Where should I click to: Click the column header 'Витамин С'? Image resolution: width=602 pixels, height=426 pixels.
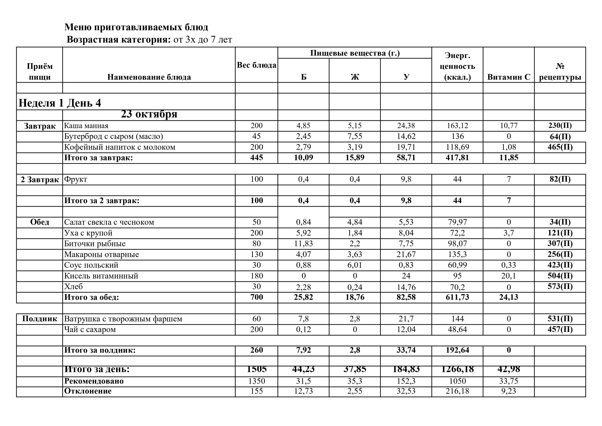pos(508,77)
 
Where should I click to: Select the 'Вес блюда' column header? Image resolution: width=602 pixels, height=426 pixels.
pos(256,65)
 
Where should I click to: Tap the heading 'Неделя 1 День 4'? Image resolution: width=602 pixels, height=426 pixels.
pos(60,103)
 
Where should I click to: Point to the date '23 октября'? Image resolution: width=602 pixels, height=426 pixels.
pos(149,114)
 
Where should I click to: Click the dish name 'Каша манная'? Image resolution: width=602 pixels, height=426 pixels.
pos(86,126)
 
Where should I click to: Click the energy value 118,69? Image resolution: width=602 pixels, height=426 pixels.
pos(457,147)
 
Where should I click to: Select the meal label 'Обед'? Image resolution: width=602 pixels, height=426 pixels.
pos(40,222)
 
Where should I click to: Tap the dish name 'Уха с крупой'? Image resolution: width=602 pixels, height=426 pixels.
pos(88,233)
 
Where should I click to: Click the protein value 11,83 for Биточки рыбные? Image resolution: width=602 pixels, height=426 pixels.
pos(303,244)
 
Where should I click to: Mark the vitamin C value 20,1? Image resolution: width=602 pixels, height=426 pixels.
pos(508,276)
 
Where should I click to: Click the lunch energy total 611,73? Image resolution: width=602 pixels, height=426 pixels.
pos(457,297)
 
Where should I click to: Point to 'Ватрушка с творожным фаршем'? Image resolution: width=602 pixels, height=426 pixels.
pos(123,319)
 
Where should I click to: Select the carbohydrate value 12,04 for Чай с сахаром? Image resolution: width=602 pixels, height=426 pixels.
pos(406,330)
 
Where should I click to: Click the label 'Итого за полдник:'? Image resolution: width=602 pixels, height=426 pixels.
pos(100,350)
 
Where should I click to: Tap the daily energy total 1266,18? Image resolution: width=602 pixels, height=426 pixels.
pos(457,369)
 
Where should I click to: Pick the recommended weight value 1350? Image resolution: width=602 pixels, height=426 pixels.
pos(256,381)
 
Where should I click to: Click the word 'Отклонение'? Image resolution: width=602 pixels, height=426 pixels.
pos(88,391)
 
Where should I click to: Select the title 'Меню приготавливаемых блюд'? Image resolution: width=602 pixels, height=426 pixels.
pos(136,27)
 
